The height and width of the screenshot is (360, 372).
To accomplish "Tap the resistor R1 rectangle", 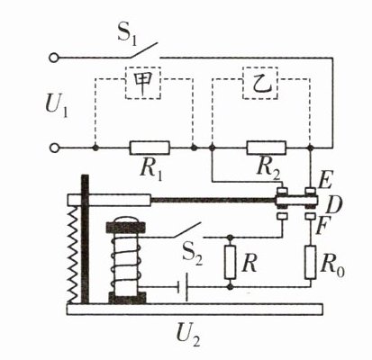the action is (x=150, y=148).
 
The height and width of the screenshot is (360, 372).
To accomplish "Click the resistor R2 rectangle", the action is (x=266, y=148).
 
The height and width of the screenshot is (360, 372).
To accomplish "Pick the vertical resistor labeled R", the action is (x=230, y=262).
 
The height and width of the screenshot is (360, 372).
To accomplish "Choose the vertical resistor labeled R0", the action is (x=311, y=262).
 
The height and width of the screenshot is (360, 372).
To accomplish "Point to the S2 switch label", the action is (x=193, y=256).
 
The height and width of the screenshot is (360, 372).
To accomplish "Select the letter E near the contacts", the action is (x=325, y=181).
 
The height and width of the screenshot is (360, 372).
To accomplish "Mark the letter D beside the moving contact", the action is (x=333, y=205).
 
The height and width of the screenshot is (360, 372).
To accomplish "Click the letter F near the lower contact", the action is (x=322, y=228).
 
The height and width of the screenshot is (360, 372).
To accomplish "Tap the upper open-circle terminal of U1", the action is (x=53, y=58).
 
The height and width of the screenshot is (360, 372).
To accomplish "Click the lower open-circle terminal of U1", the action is (x=54, y=148).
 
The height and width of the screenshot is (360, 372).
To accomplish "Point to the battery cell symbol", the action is (x=183, y=287).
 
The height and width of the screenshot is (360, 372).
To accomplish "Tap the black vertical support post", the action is (x=86, y=239).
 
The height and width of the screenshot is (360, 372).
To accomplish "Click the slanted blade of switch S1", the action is (x=144, y=50).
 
